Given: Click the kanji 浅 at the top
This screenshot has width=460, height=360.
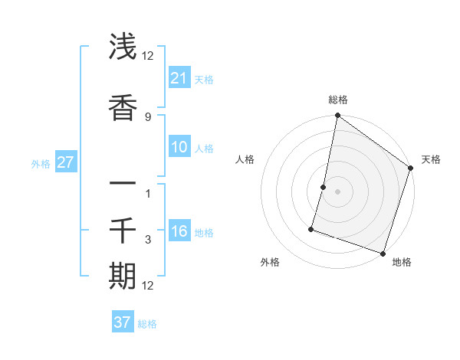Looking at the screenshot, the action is coord(123,47).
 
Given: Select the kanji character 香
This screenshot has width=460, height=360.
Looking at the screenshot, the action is coord(123,108).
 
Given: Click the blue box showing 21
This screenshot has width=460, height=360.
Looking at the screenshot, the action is coord(179,78).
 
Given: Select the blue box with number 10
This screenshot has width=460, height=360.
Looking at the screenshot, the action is coord(179,147).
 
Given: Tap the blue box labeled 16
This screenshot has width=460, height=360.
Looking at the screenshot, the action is coord(179,232).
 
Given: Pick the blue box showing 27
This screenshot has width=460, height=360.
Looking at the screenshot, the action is coord(66,163).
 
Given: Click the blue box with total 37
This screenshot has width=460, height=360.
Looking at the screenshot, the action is coord(123,322).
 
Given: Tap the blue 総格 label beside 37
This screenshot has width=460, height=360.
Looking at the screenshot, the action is coord(147,324).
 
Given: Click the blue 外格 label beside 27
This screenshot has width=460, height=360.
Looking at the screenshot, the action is coord(41,164).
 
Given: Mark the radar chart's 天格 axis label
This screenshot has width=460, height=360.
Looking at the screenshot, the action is coord(431,159).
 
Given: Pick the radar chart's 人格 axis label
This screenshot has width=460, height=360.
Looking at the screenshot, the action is coord(245,159).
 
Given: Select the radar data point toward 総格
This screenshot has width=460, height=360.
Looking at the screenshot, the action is coord(337,116).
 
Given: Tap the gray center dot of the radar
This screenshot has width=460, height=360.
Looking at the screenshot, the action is coord(337,191).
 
